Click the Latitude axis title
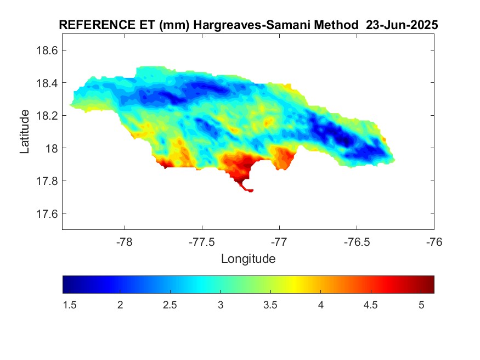(25, 131)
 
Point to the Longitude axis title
(248, 258)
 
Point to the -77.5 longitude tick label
(202, 241)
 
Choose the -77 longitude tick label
(279, 241)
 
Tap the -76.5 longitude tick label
(357, 241)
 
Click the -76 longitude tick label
(434, 241)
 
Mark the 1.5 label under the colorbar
(69, 305)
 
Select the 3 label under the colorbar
(220, 305)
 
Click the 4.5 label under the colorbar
(371, 305)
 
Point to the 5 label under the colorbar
(421, 305)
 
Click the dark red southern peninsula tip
(250, 190)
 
